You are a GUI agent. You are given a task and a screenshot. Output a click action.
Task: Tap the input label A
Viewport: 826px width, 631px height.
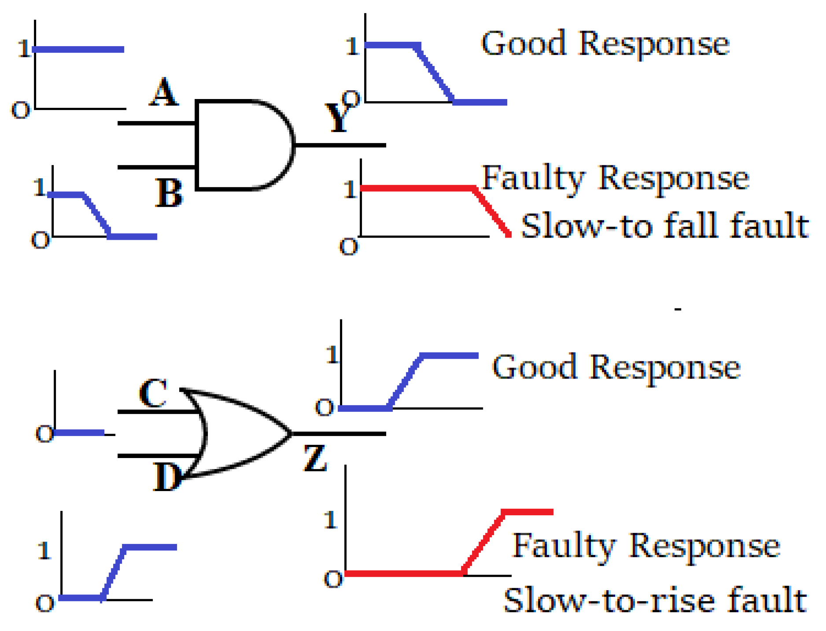164,92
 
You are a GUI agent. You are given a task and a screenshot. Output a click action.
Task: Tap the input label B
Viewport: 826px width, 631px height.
169,194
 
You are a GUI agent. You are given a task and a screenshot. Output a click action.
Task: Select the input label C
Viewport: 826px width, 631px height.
153,393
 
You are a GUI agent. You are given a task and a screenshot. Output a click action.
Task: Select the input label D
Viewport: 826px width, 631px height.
167,477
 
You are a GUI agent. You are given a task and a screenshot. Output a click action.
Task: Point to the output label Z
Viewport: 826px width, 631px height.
315,458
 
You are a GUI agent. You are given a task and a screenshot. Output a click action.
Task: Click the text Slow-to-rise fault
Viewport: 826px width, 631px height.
655,600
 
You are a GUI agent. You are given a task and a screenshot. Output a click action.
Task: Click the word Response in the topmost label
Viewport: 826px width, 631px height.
654,44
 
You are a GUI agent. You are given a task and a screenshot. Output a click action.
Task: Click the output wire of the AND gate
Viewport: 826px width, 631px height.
339,145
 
